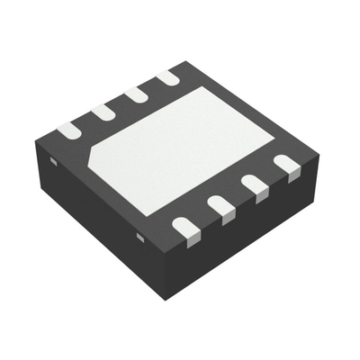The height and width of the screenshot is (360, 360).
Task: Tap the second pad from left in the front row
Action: click(221, 207)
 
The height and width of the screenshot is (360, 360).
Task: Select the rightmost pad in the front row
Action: click(287, 165)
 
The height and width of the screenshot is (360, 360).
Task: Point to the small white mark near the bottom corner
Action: click(140, 236)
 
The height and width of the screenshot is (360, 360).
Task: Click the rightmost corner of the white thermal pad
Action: click(272, 137)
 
